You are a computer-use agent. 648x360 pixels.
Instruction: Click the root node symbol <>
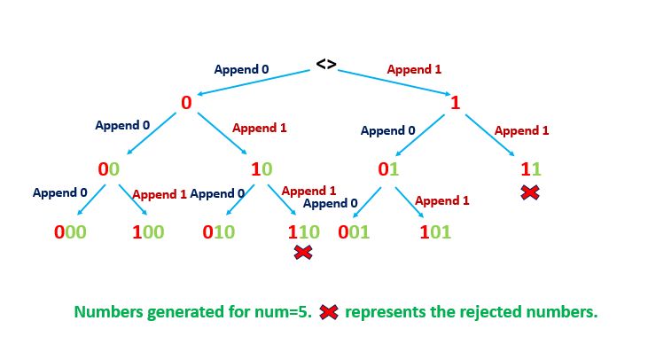pos(325,65)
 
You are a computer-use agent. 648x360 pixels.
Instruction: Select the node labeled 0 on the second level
pos(186,103)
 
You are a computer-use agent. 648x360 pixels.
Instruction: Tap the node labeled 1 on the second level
pos(455,103)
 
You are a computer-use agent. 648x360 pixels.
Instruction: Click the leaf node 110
pos(303,233)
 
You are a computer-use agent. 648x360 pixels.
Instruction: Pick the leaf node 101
pos(435,233)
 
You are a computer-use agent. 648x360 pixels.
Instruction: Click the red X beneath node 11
pos(530,192)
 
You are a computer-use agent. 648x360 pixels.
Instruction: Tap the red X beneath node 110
pos(303,254)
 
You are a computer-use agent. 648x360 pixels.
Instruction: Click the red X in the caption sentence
pos(329,312)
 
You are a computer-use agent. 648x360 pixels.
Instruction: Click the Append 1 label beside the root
pos(415,68)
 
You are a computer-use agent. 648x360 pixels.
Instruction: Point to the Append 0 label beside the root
pos(242,68)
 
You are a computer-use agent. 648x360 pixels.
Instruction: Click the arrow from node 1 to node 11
pos(496,136)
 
